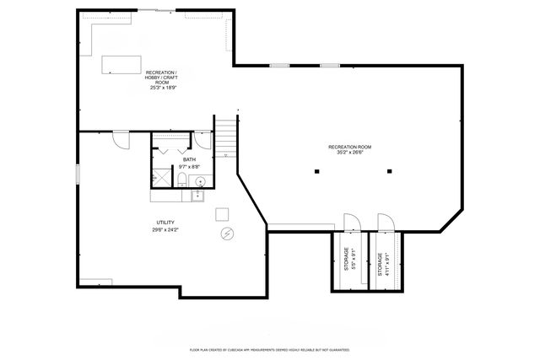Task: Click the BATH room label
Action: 189,160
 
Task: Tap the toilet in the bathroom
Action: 181,181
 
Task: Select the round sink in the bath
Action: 201,181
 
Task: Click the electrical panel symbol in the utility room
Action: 226,233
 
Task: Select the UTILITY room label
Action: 165,223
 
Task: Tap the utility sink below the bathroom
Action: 197,196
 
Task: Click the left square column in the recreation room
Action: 316,171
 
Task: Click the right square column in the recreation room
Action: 389,171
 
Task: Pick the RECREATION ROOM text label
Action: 349,147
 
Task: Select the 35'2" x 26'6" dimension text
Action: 349,153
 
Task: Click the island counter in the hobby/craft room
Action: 123,65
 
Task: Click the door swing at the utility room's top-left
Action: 121,139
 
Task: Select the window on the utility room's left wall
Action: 78,174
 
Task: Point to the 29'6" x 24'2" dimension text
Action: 165,229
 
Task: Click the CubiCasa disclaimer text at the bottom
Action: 269,348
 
